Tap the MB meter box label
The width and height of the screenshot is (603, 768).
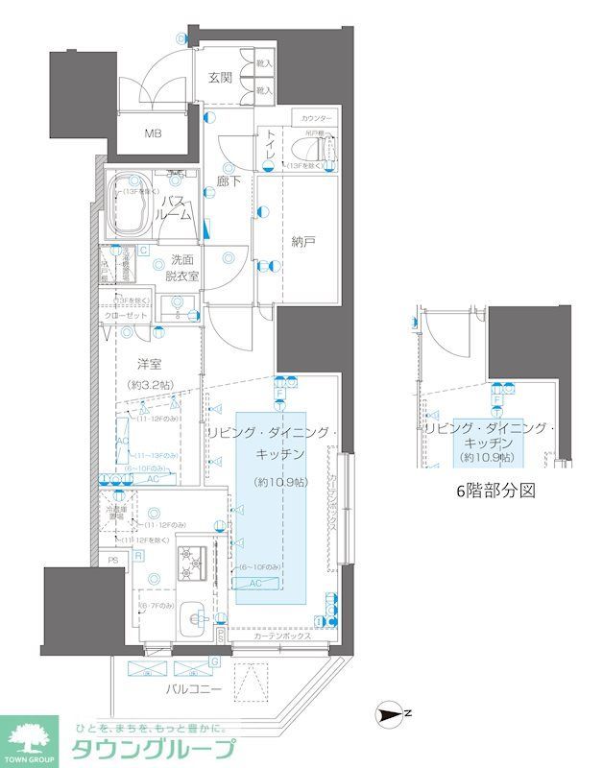click(x=154, y=132)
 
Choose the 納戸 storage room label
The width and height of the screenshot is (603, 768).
click(x=302, y=242)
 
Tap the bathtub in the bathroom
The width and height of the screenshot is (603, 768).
click(x=129, y=204)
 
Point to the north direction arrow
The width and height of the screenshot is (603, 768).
click(x=391, y=712)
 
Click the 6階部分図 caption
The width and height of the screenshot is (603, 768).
click(x=493, y=490)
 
